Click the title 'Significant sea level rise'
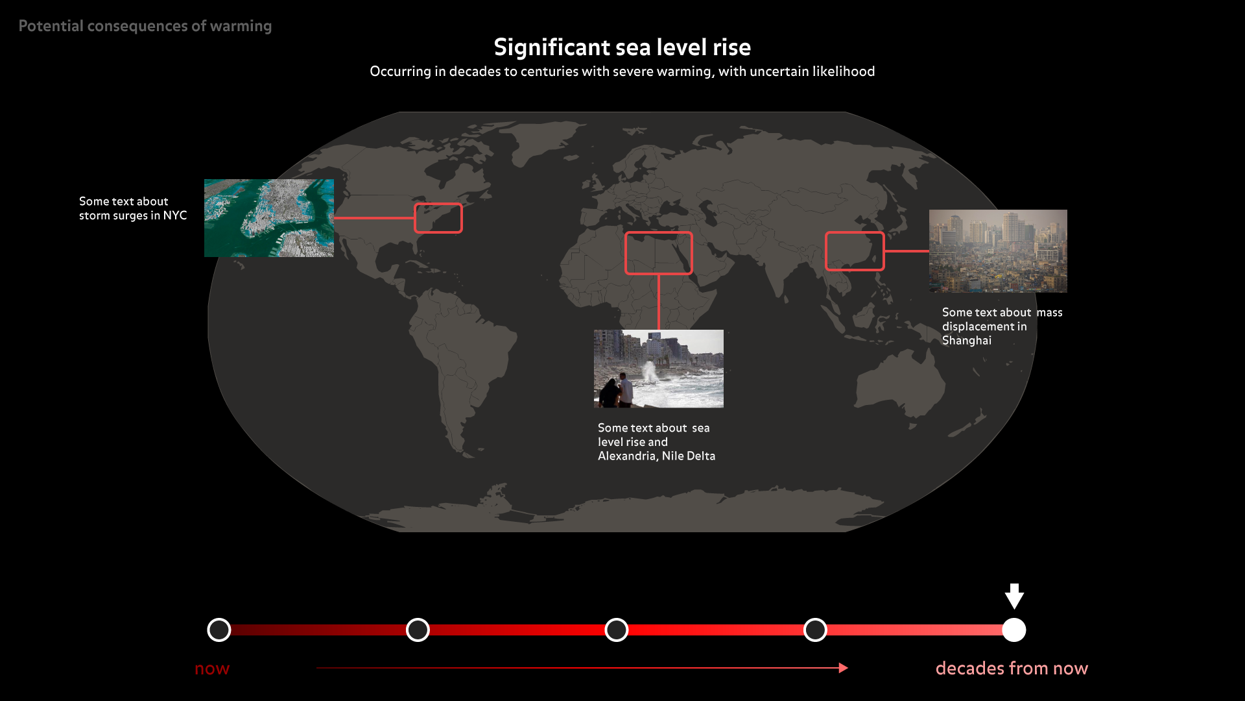[622, 47]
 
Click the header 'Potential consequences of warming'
[145, 26]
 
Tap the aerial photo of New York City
[269, 218]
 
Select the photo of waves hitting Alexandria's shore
[659, 369]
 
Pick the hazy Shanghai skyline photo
[998, 251]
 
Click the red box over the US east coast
[438, 204]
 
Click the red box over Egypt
[659, 233]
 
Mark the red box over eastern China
[855, 233]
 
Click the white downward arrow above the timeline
[1014, 596]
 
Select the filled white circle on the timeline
[1014, 630]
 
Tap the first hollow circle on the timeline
[219, 619]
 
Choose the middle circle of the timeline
[617, 619]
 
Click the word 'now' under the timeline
[212, 669]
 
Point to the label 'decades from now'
[1012, 669]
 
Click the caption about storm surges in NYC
[133, 208]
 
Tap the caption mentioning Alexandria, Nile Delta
[656, 442]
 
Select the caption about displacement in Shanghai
[1002, 326]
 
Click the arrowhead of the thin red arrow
[844, 668]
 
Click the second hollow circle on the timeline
[418, 619]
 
